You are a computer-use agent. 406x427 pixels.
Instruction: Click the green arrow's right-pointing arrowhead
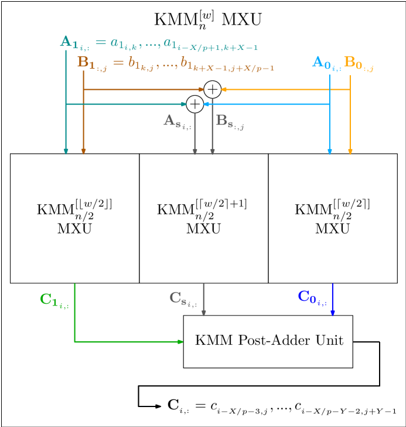pyautogui.click(x=181, y=341)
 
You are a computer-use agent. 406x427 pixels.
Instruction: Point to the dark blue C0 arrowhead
pyautogui.click(x=332, y=314)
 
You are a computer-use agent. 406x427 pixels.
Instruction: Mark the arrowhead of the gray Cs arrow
pyautogui.click(x=204, y=314)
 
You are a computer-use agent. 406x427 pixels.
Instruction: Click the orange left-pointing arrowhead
pyautogui.click(x=223, y=90)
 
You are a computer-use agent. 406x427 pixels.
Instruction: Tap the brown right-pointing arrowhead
pyautogui.click(x=202, y=90)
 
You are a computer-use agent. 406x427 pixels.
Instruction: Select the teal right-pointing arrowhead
pyautogui.click(x=185, y=104)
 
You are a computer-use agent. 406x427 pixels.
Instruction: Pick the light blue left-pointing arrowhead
pyautogui.click(x=206, y=104)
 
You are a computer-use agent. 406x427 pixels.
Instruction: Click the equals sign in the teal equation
pyautogui.click(x=101, y=42)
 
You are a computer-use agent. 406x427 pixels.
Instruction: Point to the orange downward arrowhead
pyautogui.click(x=350, y=152)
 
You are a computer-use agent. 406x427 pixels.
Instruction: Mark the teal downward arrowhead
pyautogui.click(x=66, y=152)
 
